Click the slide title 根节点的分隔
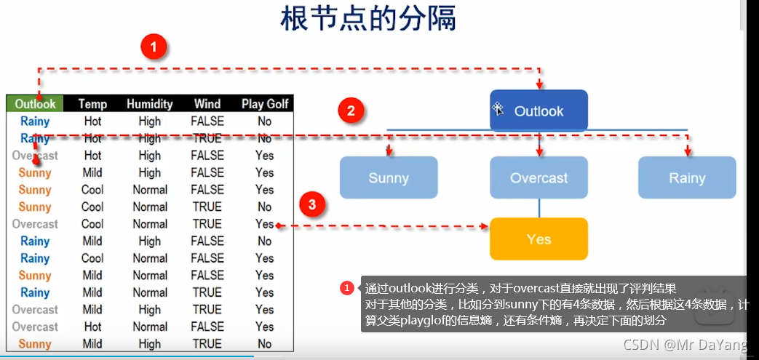368,19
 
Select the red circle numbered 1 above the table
153,49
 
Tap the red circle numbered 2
351,111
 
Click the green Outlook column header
35,104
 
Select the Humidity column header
149,104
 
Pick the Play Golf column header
265,104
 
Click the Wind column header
207,104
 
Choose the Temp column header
92,104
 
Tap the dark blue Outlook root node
539,111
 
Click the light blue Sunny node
389,178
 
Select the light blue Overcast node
539,178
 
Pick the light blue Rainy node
687,178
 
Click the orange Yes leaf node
539,239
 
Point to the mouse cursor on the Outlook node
498,108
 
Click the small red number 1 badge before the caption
347,288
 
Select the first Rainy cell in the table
35,121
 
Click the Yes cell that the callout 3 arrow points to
265,224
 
